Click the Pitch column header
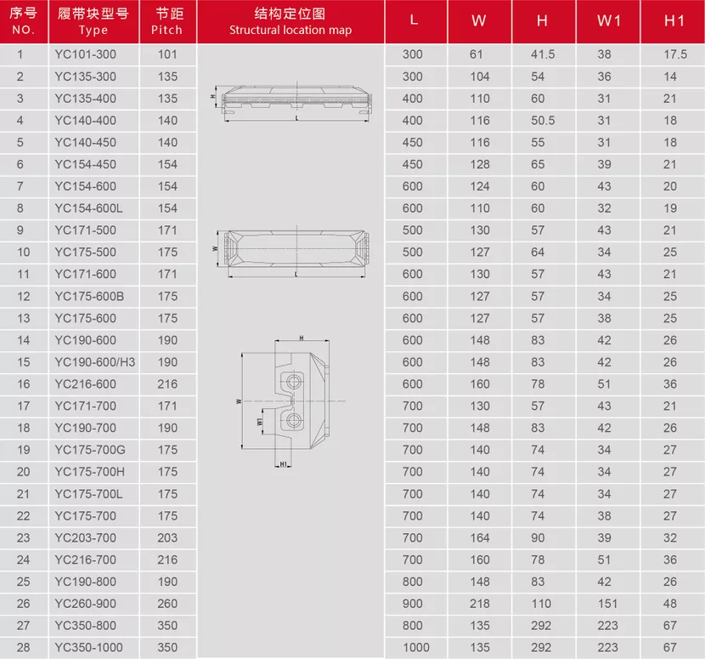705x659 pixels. [x=167, y=21]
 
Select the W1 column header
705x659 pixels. [x=609, y=20]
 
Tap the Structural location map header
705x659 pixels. [x=290, y=21]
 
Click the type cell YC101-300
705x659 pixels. [x=86, y=54]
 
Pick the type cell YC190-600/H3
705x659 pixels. [x=95, y=362]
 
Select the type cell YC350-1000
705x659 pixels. [x=88, y=647]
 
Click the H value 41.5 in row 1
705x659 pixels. [x=543, y=54]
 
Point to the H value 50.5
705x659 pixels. [x=543, y=121]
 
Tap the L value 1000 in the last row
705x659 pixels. [x=416, y=647]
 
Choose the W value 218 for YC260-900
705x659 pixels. [x=480, y=604]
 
